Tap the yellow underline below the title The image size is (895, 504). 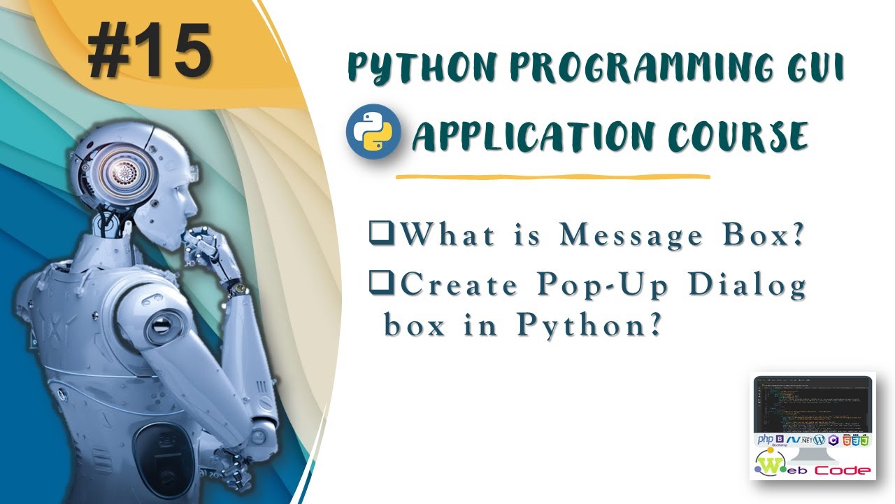[552, 176]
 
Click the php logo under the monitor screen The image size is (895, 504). [765, 440]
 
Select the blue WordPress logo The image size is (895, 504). [819, 440]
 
